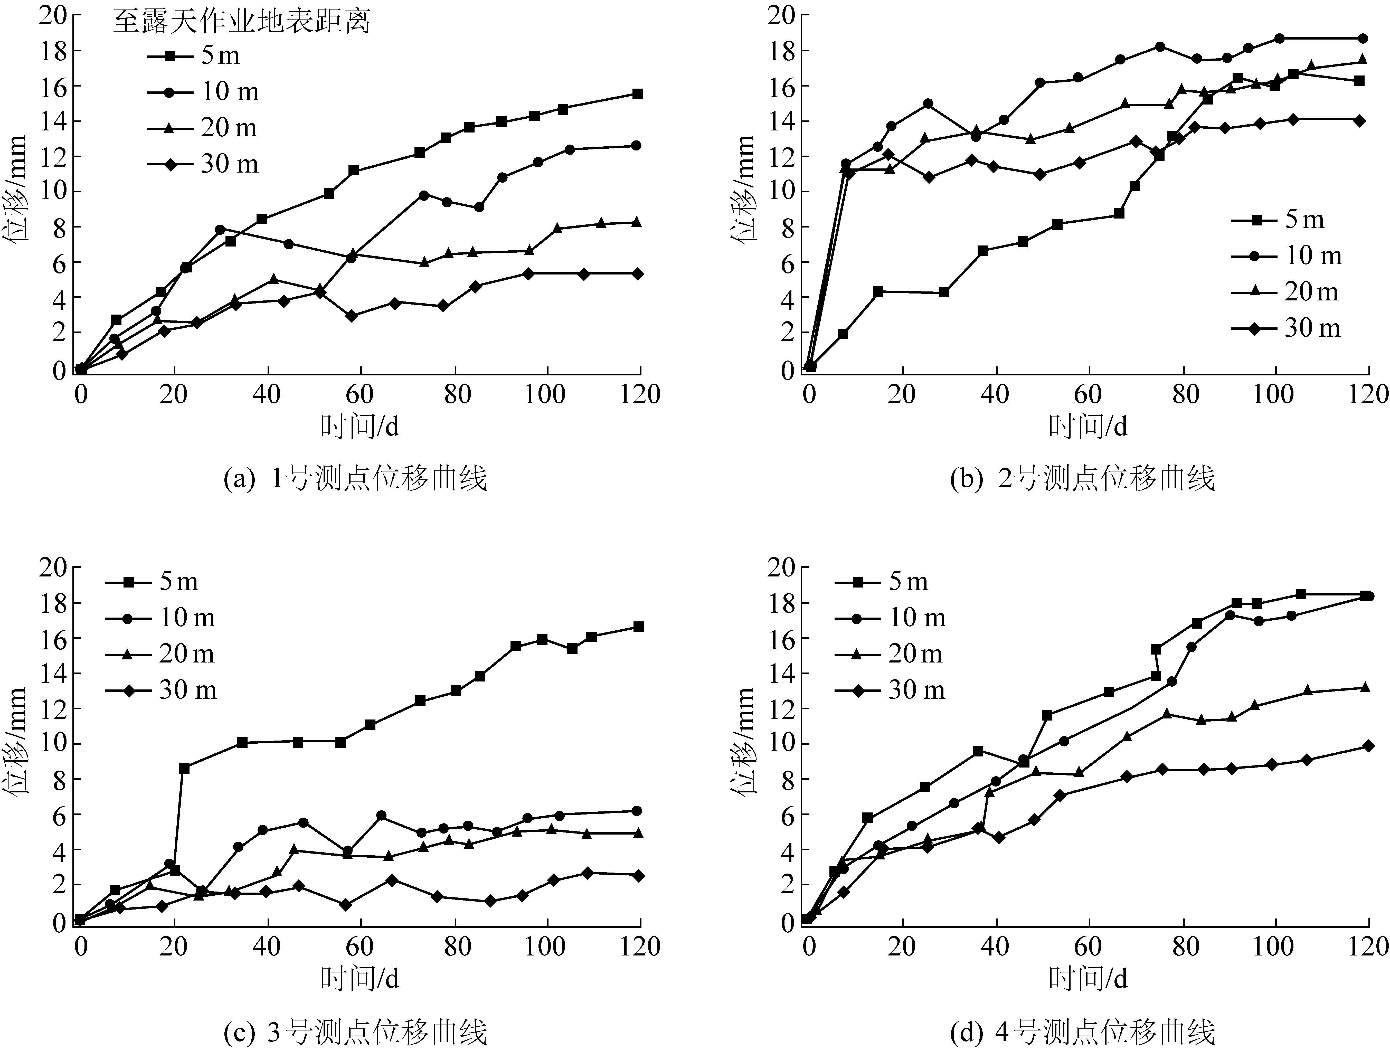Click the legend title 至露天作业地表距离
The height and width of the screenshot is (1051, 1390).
point(242,22)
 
